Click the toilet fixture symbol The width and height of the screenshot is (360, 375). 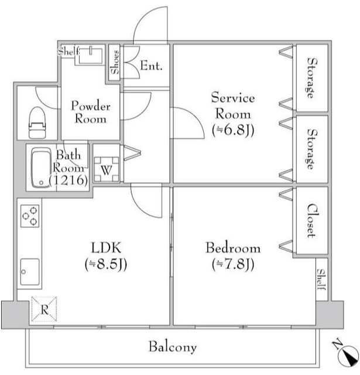click(x=37, y=122)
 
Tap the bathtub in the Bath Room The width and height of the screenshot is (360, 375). click(x=41, y=168)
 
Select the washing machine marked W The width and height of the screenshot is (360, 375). click(x=107, y=169)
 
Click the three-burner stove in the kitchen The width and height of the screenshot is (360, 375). click(x=30, y=216)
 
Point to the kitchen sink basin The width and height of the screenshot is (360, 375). click(x=30, y=272)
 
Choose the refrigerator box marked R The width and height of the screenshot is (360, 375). click(x=44, y=309)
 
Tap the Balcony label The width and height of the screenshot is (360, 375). click(x=173, y=347)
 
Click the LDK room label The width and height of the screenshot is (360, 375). click(x=107, y=248)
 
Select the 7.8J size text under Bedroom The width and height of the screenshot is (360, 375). click(x=233, y=264)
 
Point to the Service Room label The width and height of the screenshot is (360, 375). click(x=233, y=105)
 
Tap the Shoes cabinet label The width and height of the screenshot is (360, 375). click(x=115, y=62)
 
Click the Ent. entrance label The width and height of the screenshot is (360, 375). click(x=151, y=66)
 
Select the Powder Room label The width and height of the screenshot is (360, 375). click(x=91, y=112)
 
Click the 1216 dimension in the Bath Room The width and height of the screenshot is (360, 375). click(x=68, y=180)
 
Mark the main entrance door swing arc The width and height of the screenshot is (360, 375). click(x=150, y=25)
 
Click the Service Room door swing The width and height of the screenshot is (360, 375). click(x=187, y=123)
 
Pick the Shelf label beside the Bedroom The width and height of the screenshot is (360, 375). click(x=321, y=279)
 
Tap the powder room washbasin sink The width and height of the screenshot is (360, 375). click(x=91, y=56)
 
